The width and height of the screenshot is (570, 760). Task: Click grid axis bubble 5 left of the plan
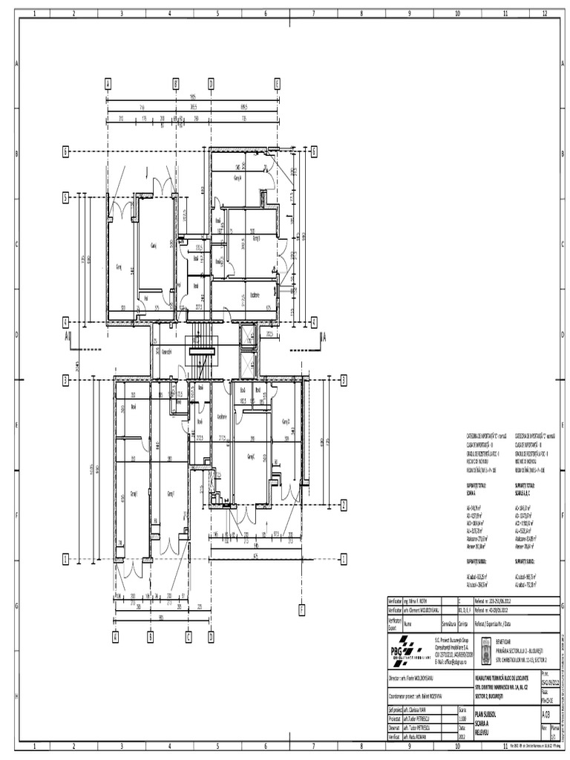click(65, 198)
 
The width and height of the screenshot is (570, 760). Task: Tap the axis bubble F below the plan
click(302, 610)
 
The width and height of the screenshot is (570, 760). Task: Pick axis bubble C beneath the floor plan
click(189, 636)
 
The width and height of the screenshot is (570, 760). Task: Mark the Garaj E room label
click(135, 493)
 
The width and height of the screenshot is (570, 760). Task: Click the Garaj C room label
click(251, 456)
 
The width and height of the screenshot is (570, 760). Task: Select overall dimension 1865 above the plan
click(191, 96)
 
